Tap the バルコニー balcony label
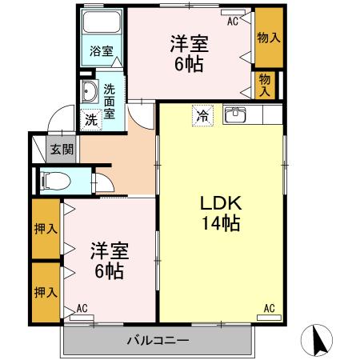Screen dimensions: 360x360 point(157,342)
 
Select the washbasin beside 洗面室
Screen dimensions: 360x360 point(89,93)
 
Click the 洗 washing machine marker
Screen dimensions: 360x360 point(90,119)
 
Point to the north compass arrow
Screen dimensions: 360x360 point(318,342)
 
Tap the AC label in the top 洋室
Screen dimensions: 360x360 point(233,22)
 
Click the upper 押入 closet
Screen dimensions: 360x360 point(46,229)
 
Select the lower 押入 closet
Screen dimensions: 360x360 point(46,292)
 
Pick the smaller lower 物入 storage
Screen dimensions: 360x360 point(265,82)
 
